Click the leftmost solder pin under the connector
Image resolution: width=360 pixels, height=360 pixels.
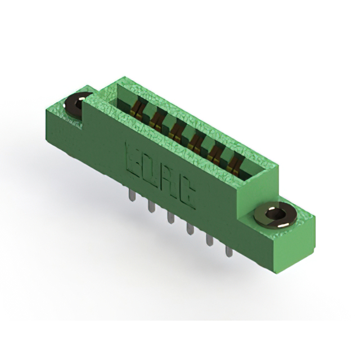(132, 195)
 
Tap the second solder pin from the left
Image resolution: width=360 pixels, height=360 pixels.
(151, 206)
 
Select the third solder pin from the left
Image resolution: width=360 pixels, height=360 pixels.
(170, 218)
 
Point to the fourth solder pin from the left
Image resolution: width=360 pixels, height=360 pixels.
(190, 229)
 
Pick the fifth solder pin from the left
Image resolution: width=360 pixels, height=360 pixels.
(209, 240)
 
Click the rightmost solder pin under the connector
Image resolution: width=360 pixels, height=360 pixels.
(229, 251)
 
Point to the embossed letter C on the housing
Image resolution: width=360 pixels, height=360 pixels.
(187, 195)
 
